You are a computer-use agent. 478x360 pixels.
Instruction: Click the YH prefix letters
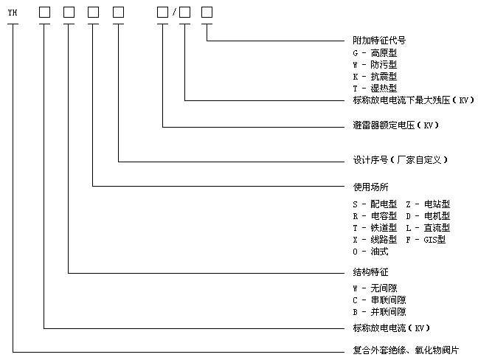(x=12, y=12)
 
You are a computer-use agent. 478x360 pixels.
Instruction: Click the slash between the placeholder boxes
(x=174, y=13)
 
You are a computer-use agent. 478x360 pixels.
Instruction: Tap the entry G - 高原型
(x=375, y=54)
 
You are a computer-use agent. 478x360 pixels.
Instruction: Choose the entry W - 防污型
(x=375, y=65)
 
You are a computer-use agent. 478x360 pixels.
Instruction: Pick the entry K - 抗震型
(x=375, y=76)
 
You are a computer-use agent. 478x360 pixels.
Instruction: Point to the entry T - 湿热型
(x=375, y=88)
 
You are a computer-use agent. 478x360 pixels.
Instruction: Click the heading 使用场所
(x=370, y=187)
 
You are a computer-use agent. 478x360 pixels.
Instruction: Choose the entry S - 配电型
(x=375, y=204)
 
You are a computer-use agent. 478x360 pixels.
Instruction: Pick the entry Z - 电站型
(x=428, y=204)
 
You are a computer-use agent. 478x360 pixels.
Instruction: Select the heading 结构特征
(x=370, y=272)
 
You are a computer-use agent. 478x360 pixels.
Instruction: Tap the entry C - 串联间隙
(x=379, y=300)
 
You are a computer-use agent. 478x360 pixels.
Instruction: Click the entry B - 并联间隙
(x=379, y=312)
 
